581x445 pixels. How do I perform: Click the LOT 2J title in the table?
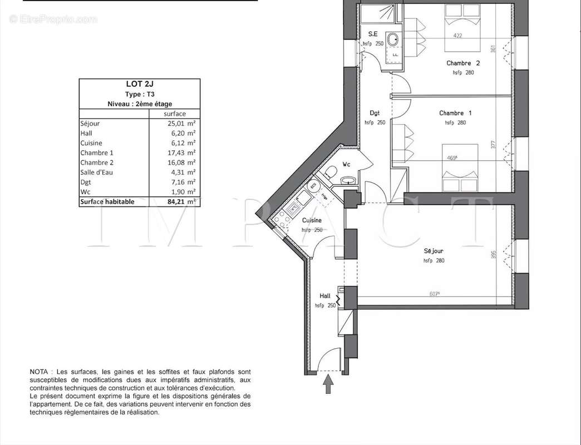coord(139,85)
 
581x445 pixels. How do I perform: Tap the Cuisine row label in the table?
coord(91,143)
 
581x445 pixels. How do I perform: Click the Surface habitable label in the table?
coord(107,202)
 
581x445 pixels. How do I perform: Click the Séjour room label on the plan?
coord(434,251)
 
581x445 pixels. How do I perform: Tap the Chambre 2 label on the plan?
coord(463,63)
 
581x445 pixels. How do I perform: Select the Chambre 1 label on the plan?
coord(455,113)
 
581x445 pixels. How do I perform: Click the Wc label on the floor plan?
coord(346,164)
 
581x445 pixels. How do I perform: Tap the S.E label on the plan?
coord(373,34)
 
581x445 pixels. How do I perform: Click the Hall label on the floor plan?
coord(326,296)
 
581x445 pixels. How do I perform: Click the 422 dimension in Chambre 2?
coord(457,36)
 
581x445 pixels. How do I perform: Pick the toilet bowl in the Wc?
coord(331,171)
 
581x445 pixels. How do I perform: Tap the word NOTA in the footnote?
coord(41,372)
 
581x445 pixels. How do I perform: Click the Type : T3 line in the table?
coord(139,95)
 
